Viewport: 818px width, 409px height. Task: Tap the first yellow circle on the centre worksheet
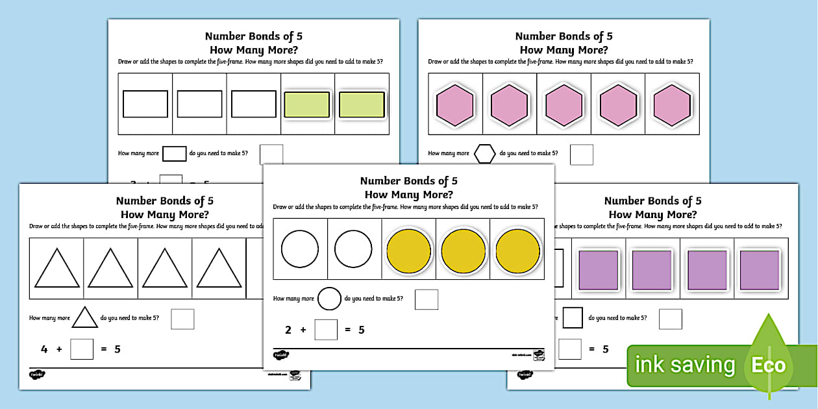coord(409,249)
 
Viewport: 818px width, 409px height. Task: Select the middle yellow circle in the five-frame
coord(464,249)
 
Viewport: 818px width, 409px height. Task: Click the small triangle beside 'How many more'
coord(84,317)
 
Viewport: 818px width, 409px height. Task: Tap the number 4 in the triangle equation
coord(44,349)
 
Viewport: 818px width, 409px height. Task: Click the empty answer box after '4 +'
coord(82,349)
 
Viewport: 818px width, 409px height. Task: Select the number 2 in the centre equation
coord(288,330)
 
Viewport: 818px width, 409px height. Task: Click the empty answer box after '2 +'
coord(326,330)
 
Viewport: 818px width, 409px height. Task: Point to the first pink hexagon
coord(455,105)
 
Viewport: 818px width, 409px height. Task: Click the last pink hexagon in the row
coord(672,105)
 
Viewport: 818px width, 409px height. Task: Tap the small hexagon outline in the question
coord(484,154)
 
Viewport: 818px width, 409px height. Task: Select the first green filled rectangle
coord(307,105)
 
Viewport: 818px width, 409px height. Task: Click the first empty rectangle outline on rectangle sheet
coord(145,104)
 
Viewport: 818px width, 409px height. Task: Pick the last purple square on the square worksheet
coord(760,269)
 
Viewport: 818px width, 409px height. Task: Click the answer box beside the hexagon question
coord(582,155)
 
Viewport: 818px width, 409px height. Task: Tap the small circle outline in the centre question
coord(329,299)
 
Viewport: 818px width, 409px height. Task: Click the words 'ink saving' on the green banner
coord(684,366)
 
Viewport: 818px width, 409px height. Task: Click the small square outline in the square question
coord(573,318)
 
